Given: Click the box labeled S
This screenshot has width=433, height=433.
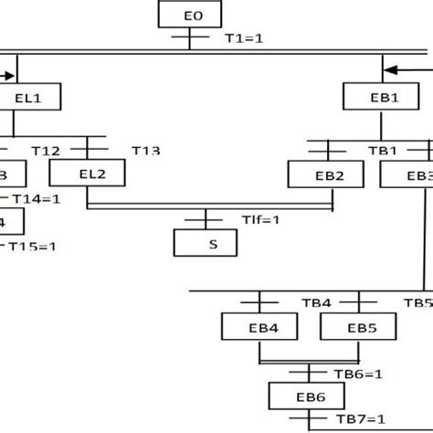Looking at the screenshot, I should [205, 243].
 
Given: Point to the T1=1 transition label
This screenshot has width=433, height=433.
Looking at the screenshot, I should [243, 40].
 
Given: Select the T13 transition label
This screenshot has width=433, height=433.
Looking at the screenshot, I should [145, 150].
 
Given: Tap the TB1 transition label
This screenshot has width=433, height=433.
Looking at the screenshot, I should [382, 150].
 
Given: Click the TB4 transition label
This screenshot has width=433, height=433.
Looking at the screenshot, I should [322, 301].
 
